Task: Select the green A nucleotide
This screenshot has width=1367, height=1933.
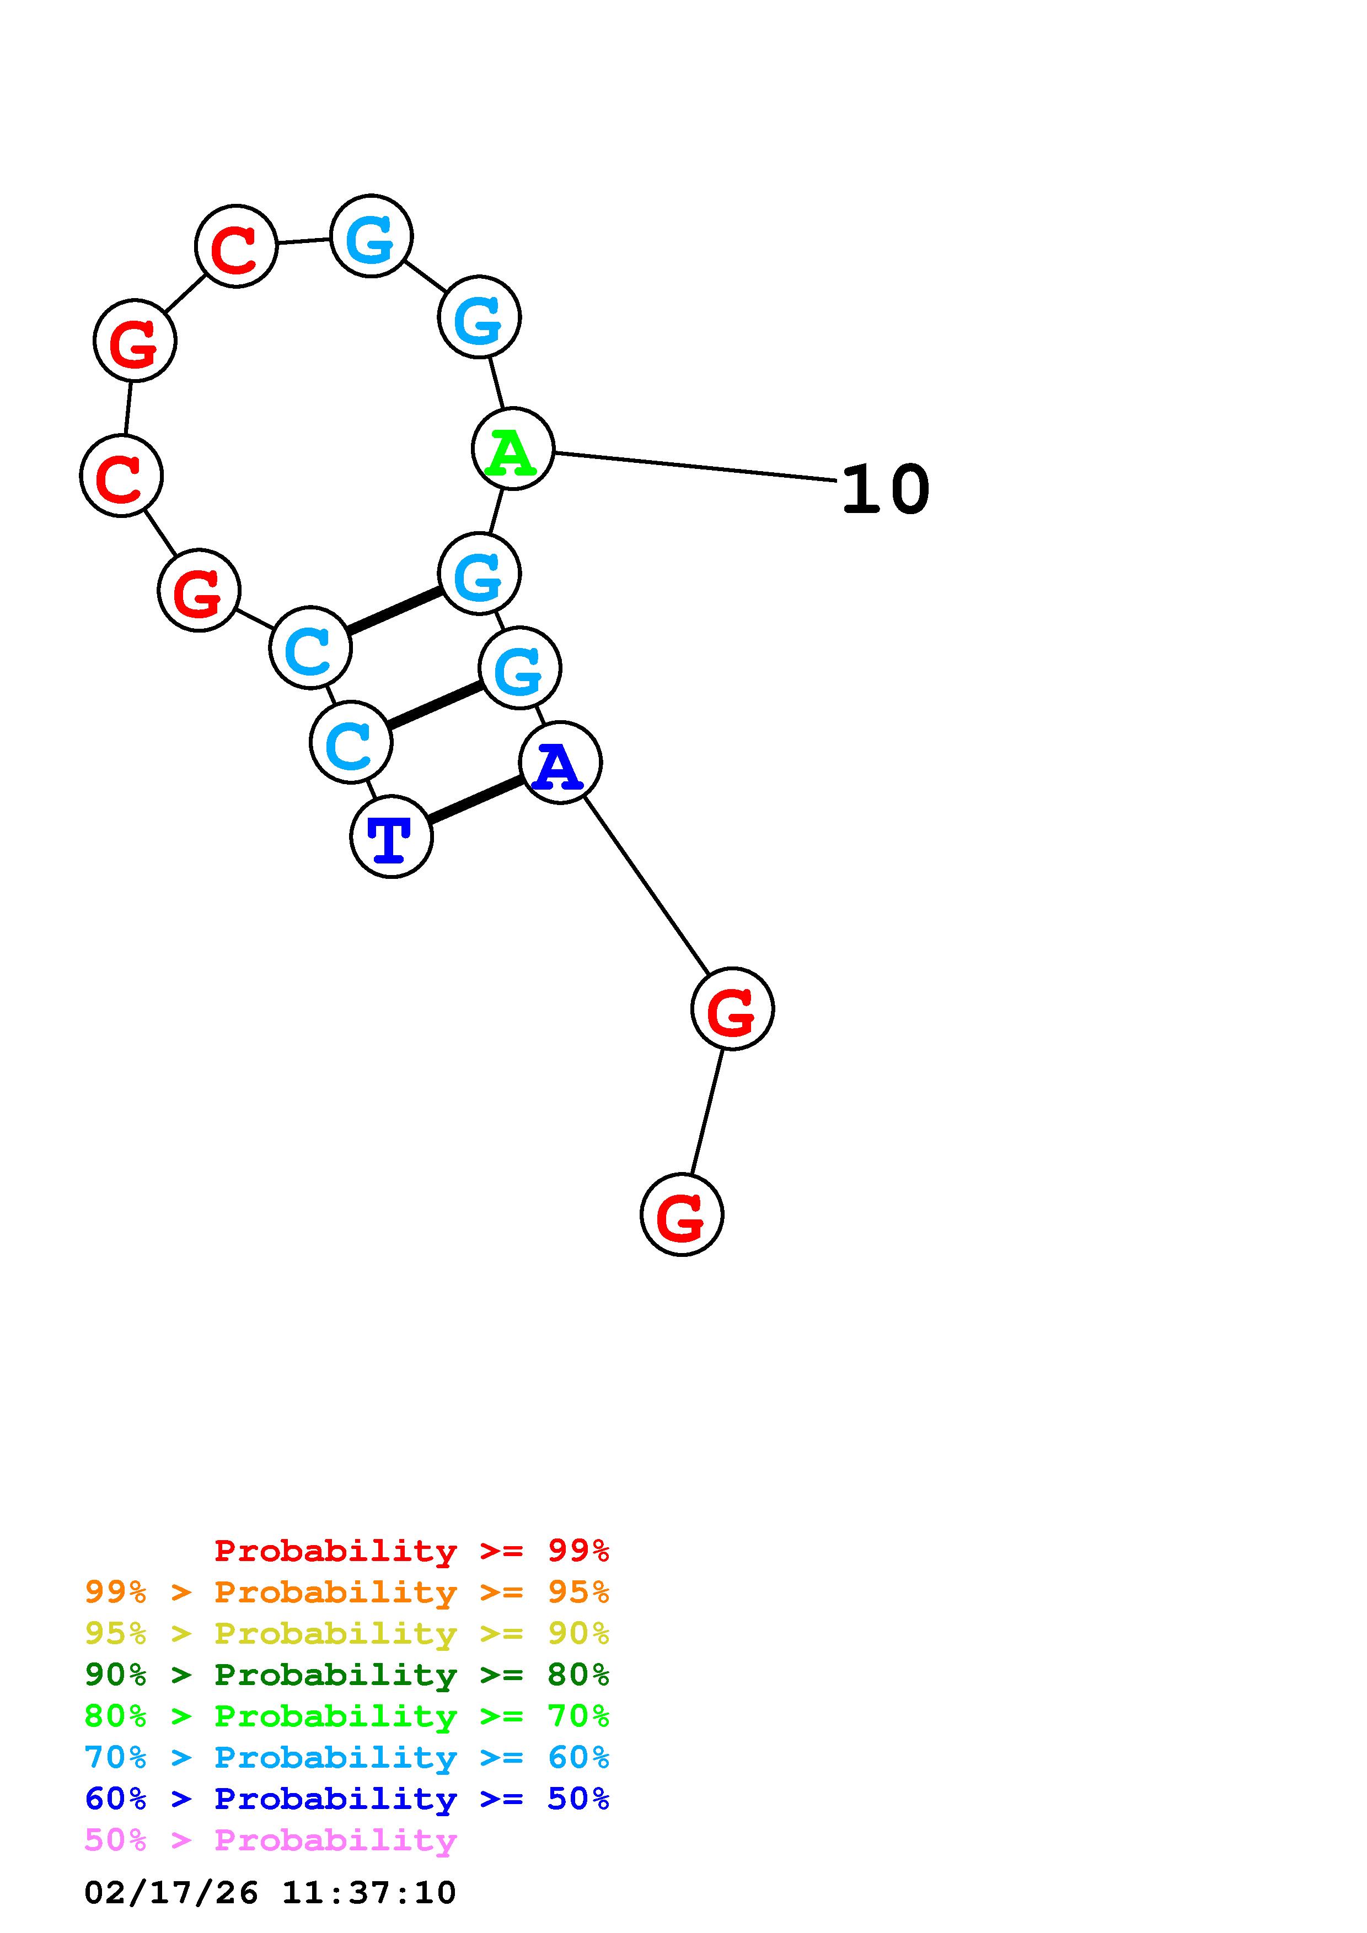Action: tap(512, 449)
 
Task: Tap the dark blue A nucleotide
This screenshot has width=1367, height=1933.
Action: tap(560, 763)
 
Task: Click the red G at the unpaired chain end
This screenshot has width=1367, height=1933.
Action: tap(682, 1215)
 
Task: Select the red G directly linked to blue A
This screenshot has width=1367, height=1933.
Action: tap(732, 1008)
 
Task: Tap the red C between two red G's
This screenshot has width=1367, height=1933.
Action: tap(121, 476)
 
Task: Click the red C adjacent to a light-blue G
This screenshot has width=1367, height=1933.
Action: tap(236, 246)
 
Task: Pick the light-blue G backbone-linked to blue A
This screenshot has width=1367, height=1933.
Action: tap(519, 668)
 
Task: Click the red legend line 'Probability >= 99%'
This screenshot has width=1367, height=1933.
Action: tap(411, 1551)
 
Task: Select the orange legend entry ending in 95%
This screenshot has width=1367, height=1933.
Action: tap(346, 1592)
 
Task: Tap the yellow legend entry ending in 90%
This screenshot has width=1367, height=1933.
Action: tap(346, 1633)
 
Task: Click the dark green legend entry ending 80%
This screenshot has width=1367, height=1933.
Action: tap(346, 1675)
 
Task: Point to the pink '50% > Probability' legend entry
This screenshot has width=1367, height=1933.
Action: tap(270, 1840)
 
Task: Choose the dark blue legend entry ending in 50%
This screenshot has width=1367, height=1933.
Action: tap(346, 1799)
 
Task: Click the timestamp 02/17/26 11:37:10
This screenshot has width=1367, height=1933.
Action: tap(270, 1893)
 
